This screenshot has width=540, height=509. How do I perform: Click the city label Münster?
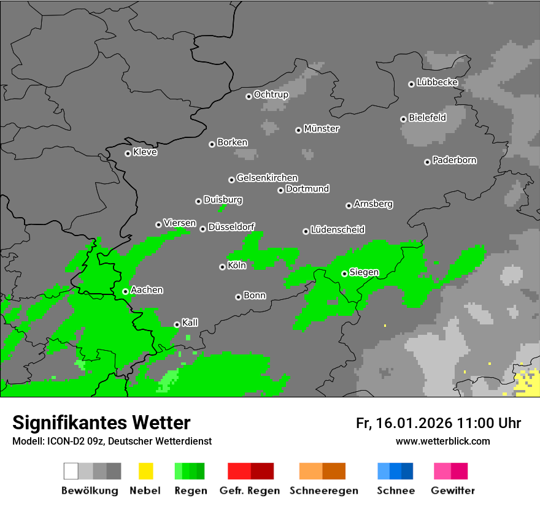[x=322, y=129]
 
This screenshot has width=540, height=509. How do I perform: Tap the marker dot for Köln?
[x=222, y=267]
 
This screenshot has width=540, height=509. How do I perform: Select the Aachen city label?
[x=147, y=290]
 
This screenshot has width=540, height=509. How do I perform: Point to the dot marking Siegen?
[x=344, y=274]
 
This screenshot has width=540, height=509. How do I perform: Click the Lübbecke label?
[x=437, y=82]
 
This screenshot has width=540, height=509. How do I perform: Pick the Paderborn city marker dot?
[x=427, y=162]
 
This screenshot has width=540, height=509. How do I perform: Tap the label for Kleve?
[x=145, y=152]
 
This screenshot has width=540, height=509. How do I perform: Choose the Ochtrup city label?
[x=271, y=94]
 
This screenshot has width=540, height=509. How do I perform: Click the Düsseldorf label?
[x=231, y=227]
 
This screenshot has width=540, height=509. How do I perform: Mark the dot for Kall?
[x=177, y=324]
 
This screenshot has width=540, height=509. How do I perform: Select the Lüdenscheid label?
[x=337, y=230]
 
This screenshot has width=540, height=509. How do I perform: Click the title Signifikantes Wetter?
[x=101, y=423]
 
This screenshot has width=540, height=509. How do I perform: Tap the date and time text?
[x=438, y=423]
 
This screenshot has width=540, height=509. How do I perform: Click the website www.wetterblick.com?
[x=442, y=441]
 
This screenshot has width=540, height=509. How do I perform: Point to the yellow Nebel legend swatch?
[x=145, y=471]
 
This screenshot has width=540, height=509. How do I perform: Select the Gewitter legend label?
[x=453, y=491]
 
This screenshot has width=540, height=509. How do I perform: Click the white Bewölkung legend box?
[x=71, y=471]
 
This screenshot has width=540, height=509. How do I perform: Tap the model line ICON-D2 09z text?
[x=112, y=441]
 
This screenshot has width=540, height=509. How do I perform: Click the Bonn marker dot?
[x=238, y=297]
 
